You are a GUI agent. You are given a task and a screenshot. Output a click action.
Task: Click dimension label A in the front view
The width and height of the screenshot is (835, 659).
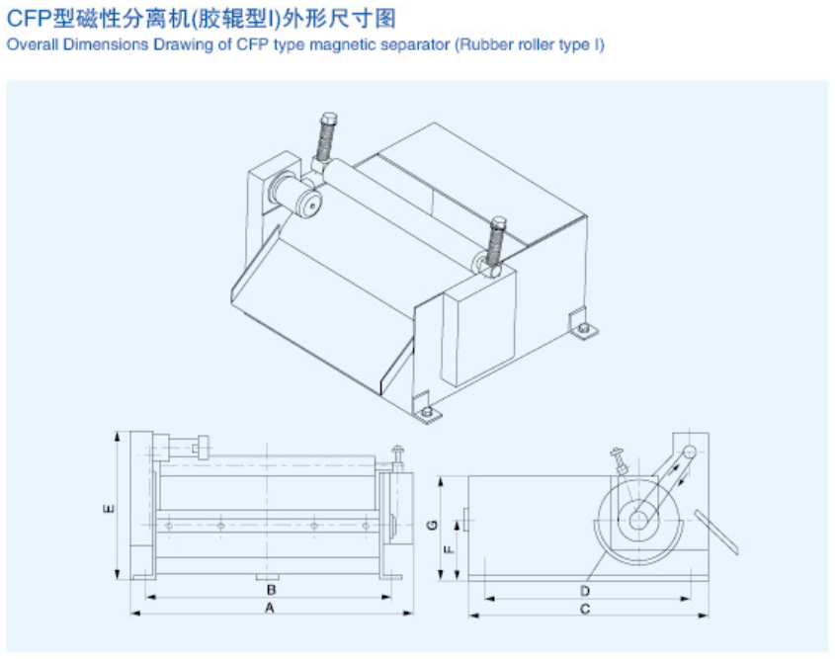270,608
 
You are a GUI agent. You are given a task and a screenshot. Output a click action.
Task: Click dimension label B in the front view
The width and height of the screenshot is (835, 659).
271,590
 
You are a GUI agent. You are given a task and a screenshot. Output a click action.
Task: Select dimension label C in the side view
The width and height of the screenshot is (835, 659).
585,609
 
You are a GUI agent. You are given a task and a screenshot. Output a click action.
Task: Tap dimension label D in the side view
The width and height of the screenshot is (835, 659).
585,591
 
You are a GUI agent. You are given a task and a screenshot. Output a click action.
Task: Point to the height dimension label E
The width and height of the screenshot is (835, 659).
108,509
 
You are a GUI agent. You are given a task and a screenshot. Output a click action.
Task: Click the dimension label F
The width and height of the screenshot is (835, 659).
449,548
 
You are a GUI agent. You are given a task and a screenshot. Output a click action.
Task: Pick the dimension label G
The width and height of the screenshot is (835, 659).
433,525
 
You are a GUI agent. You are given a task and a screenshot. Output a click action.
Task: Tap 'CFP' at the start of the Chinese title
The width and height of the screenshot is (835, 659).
29,19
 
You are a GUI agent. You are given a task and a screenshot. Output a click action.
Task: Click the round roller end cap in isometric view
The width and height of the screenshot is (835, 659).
309,204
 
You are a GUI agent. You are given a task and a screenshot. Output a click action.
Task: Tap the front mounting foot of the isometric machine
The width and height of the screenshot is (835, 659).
427,408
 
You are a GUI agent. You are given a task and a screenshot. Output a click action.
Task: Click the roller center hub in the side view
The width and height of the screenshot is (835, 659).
638,520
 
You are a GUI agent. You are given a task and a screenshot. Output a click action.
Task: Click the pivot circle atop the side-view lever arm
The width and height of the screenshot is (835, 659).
690,452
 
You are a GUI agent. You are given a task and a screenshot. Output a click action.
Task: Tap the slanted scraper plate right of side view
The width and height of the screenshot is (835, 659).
716,533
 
